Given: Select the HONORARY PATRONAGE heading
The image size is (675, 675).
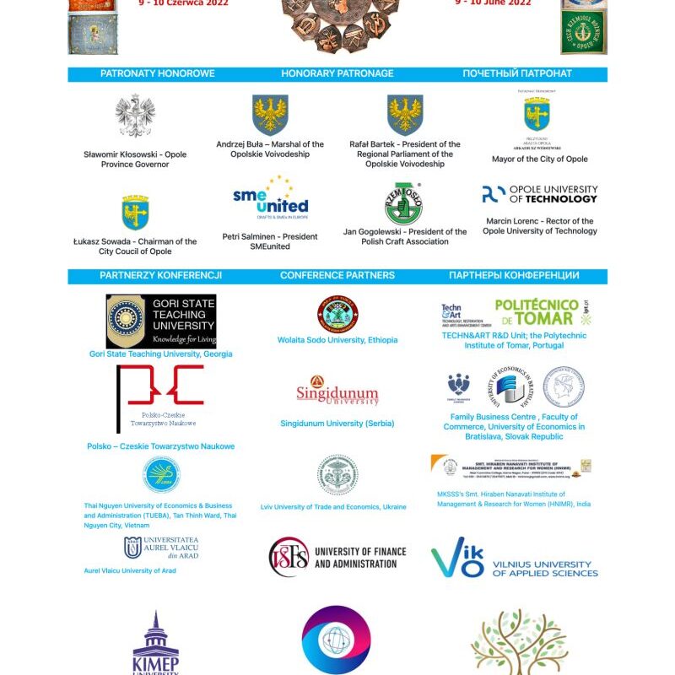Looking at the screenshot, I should click(x=337, y=73).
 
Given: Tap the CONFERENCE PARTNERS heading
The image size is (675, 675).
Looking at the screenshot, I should click(x=337, y=275).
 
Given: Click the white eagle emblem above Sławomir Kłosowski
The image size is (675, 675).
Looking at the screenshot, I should click(x=135, y=116).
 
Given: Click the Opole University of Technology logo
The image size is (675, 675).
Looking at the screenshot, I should click(x=540, y=195).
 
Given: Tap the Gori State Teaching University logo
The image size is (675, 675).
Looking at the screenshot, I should click(x=160, y=321).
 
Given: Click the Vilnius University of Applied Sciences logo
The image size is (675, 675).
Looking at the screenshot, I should click(x=514, y=559).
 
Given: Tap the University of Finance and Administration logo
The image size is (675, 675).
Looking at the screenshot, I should click(x=337, y=557).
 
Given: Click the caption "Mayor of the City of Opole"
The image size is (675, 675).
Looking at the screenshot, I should click(x=540, y=159).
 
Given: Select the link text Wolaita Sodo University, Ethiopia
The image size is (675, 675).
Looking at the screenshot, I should click(x=337, y=340).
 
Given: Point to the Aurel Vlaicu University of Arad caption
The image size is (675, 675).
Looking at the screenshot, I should click(x=130, y=570).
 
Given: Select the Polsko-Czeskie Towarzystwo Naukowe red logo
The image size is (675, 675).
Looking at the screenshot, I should click(x=160, y=397).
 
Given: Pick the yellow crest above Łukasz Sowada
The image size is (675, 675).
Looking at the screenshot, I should click(x=135, y=213).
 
